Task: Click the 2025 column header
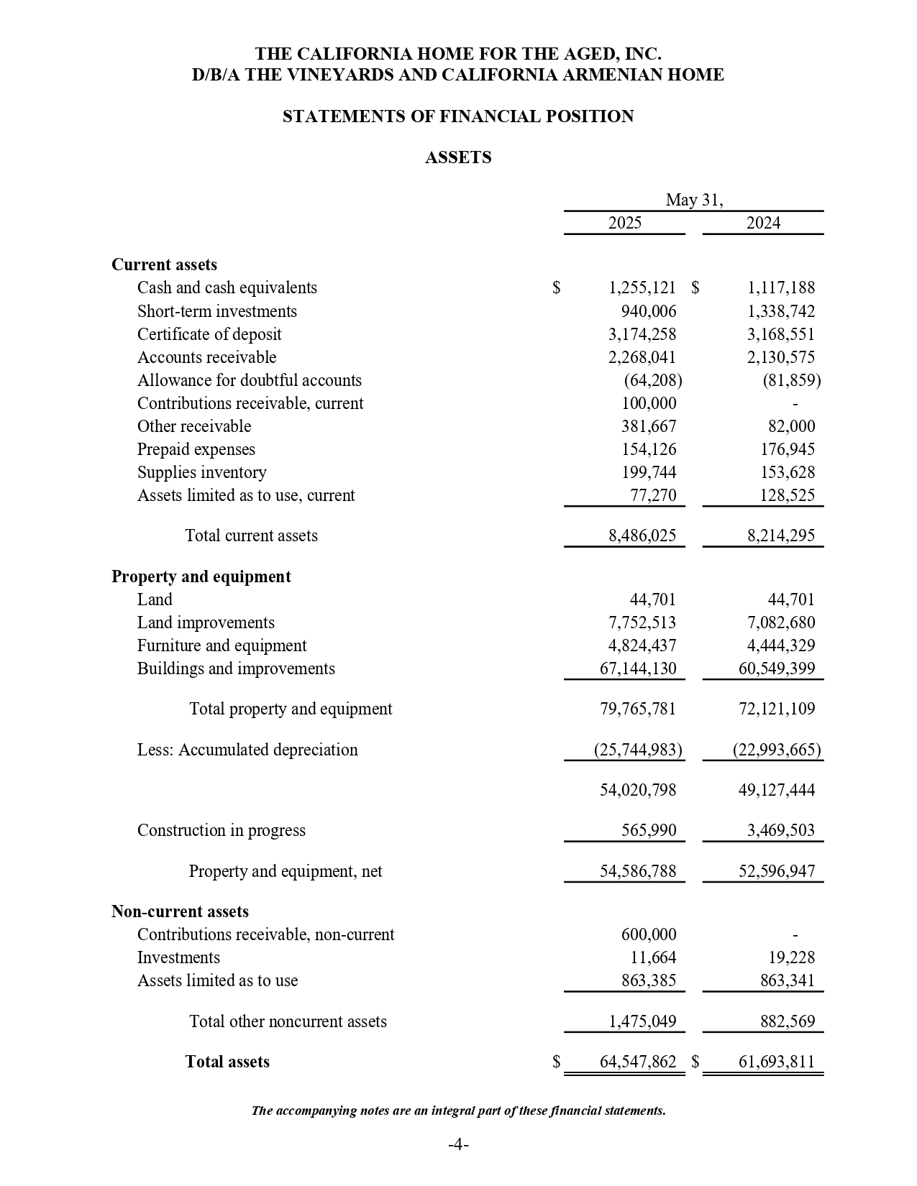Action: (624, 223)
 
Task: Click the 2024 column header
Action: (762, 223)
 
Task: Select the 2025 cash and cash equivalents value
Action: (642, 288)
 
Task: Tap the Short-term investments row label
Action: (216, 311)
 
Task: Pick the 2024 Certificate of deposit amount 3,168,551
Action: (780, 334)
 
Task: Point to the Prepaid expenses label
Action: (196, 449)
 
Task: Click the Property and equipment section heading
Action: (201, 576)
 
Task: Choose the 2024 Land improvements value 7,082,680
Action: (780, 622)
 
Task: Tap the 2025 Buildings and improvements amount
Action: (638, 668)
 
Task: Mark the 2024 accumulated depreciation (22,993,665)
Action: (777, 750)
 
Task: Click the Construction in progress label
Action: (221, 830)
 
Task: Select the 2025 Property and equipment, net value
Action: (638, 871)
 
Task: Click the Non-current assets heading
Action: (180, 911)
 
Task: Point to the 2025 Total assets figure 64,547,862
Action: (638, 1062)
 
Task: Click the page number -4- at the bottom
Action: (458, 1144)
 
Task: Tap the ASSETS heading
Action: (458, 157)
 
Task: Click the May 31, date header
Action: (694, 200)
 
